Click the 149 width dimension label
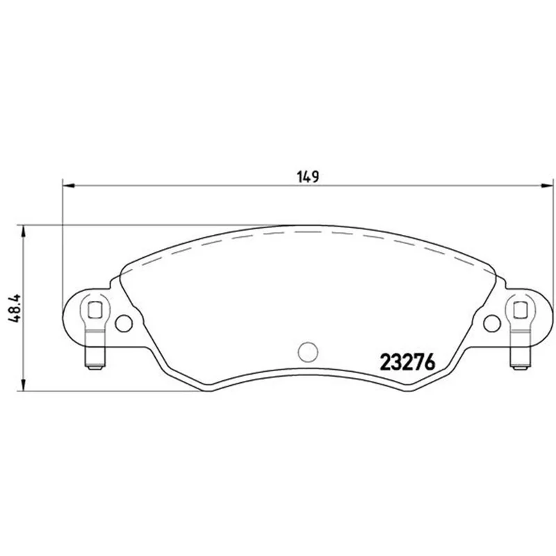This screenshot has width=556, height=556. coord(308,177)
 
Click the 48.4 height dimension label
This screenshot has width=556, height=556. coord(15,308)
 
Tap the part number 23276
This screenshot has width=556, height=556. coord(407,362)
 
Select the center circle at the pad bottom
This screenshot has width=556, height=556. coord(308,352)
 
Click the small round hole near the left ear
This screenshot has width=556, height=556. coord(124,323)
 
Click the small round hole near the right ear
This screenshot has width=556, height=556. coord(492,323)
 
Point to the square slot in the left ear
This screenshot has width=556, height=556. coord(95,309)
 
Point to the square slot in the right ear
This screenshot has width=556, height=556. coord(520,309)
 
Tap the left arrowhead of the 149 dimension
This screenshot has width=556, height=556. coord(68,185)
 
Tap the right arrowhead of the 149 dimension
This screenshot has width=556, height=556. coord(547,185)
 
